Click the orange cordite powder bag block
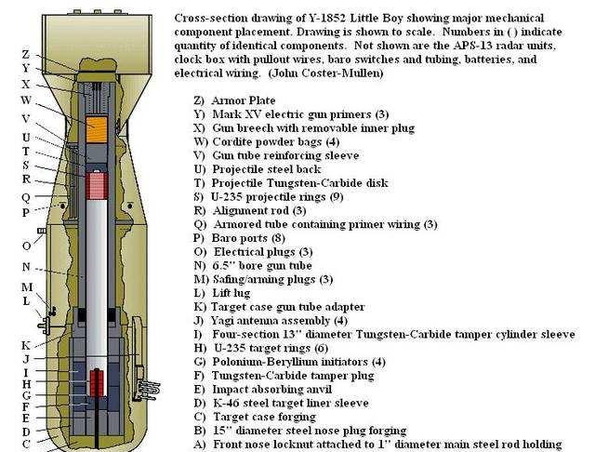(97, 129)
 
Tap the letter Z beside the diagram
(26, 55)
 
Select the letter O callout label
(26, 246)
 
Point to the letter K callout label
(26, 345)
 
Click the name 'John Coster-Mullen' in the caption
(326, 73)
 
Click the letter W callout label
(26, 100)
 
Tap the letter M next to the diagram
(27, 286)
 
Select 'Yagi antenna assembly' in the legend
(271, 321)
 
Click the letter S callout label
(25, 166)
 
